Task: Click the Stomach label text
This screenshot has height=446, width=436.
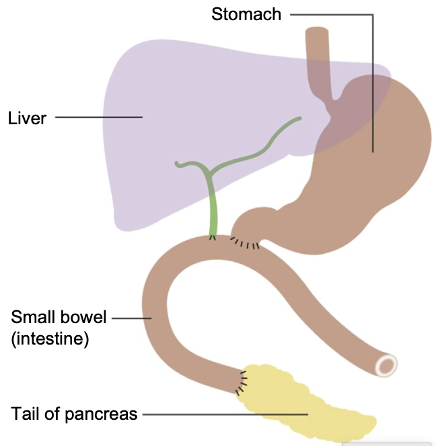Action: (x=246, y=14)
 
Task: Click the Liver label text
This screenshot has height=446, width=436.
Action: (x=27, y=118)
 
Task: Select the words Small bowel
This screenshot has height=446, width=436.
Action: (x=59, y=317)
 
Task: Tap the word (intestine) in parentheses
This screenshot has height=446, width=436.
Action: (x=50, y=339)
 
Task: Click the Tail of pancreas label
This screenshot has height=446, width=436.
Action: (x=74, y=414)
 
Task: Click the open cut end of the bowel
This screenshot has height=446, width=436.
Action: (x=387, y=365)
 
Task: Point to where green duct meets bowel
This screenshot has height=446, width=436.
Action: (x=213, y=237)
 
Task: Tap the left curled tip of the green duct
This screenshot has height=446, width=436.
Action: (x=176, y=163)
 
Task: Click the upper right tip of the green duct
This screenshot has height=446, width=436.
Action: (x=299, y=118)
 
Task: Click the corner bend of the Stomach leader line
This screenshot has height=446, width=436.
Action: (x=372, y=14)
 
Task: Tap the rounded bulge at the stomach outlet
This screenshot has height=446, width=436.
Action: (x=252, y=222)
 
